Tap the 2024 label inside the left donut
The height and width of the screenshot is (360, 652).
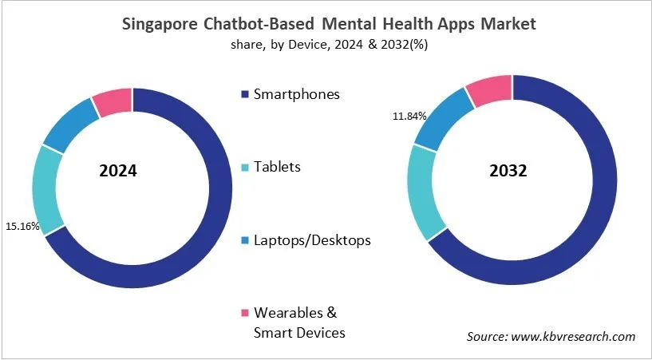(119, 171)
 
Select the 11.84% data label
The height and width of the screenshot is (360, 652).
(408, 117)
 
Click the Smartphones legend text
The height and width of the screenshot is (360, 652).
(296, 94)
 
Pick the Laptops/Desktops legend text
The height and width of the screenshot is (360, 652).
(312, 239)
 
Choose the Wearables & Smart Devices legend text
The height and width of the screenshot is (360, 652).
(299, 322)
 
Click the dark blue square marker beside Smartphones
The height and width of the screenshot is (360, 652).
(244, 95)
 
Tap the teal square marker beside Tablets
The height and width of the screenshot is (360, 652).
(244, 168)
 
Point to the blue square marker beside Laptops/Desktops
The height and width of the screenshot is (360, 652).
(244, 240)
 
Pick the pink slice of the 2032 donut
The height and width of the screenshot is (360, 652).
(489, 90)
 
